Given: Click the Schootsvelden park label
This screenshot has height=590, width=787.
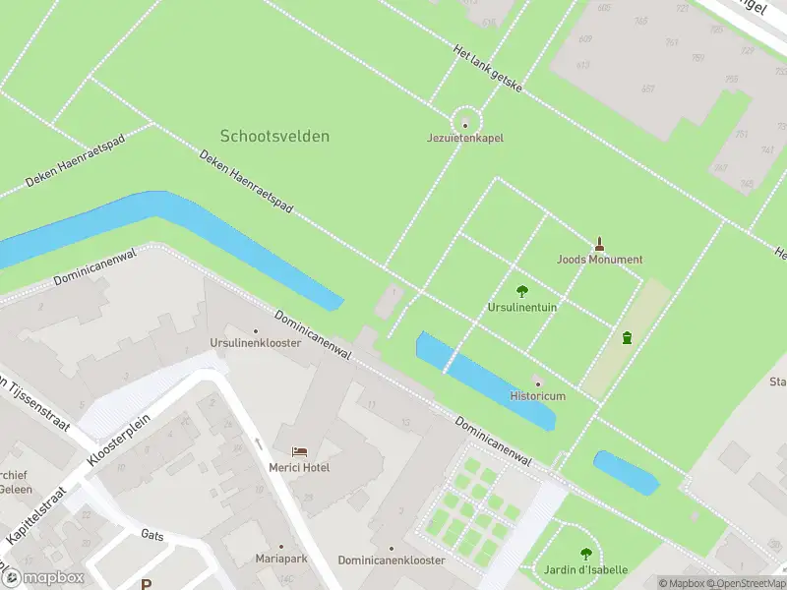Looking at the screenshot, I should [x=274, y=136].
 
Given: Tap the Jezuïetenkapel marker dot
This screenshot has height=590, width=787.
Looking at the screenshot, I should [x=465, y=124].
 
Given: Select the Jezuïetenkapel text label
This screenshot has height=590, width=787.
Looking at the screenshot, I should [x=465, y=139].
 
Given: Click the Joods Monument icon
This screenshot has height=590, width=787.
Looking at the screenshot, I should [x=599, y=244].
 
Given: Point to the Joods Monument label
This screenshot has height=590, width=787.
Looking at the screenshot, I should [x=599, y=260].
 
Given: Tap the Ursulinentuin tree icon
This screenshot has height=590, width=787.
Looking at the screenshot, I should [x=522, y=291].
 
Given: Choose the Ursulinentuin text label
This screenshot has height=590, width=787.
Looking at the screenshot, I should [x=522, y=307].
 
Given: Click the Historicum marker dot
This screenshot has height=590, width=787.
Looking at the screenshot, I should [x=537, y=382].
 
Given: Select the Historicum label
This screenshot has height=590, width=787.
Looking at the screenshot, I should [x=537, y=396].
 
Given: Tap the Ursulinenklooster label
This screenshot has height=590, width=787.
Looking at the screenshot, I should [x=255, y=343].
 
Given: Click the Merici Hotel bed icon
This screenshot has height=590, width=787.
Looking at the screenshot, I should [x=299, y=452].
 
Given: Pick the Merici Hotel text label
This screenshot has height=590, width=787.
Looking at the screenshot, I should [x=299, y=467].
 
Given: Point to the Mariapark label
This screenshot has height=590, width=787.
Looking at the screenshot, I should [x=281, y=560].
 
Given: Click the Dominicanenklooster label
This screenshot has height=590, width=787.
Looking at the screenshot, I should [x=391, y=560].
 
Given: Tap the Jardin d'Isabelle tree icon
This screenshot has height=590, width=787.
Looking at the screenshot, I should [x=586, y=555].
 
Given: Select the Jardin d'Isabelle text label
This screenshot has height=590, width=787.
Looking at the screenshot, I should [x=586, y=570].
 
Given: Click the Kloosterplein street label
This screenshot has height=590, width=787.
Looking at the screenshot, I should [x=109, y=439].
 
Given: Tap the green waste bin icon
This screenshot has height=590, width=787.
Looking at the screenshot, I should [x=627, y=338].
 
